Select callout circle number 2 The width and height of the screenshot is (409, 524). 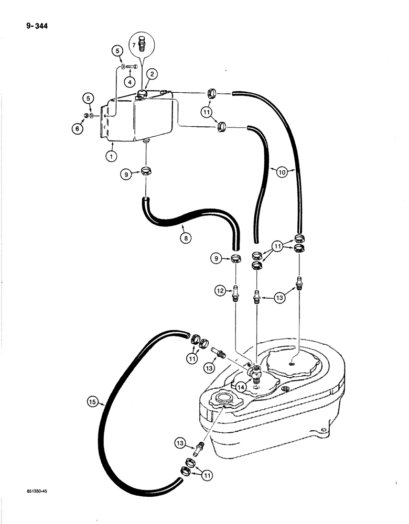151,74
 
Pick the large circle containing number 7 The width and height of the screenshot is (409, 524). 141,45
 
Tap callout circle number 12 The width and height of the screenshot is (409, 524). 221,289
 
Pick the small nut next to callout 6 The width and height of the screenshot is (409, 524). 87,115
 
